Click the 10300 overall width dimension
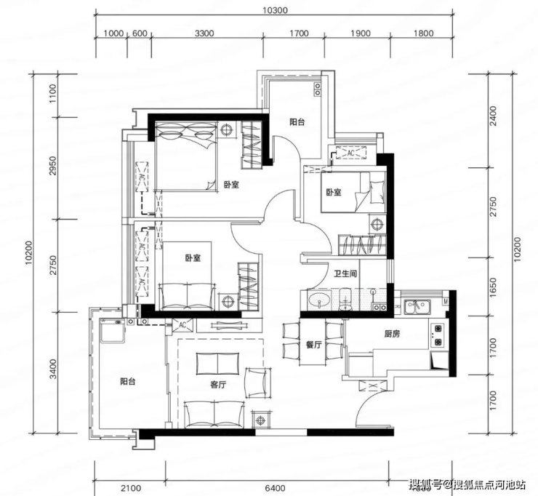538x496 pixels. (275, 10)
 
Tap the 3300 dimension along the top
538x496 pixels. (204, 33)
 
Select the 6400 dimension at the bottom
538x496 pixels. (275, 488)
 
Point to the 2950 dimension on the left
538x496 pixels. (52, 166)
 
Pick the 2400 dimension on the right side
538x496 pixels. (493, 116)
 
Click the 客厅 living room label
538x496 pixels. (218, 385)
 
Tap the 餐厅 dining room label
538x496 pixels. (313, 345)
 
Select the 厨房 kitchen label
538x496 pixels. (392, 334)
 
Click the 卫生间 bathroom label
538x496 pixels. (346, 273)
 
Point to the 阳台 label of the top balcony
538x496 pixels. (297, 122)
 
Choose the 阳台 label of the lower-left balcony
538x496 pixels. (128, 381)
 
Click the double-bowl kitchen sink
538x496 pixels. (417, 306)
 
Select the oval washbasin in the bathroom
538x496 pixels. (319, 300)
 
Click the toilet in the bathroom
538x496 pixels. (345, 300)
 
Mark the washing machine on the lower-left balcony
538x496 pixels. (113, 330)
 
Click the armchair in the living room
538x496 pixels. (258, 383)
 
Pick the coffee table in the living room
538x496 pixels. (218, 364)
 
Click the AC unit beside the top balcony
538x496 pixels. (350, 153)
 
